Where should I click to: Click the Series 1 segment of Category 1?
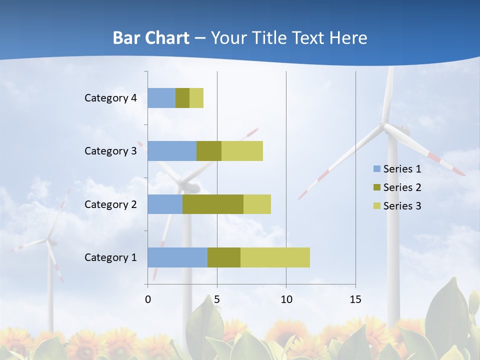click(177, 257)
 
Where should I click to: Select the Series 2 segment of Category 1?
click(224, 257)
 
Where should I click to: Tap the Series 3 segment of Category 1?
click(275, 257)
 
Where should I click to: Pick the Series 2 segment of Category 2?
click(213, 204)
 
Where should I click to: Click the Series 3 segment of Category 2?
click(257, 204)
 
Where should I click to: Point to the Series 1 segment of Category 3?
click(172, 151)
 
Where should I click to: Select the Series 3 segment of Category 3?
click(242, 151)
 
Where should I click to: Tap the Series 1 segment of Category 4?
click(161, 98)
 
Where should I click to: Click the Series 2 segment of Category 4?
click(182, 98)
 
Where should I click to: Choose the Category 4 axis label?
click(110, 98)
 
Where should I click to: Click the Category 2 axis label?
click(110, 204)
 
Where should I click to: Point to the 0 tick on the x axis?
click(148, 299)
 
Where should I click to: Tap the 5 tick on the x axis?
click(217, 299)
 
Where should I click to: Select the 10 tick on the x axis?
click(286, 299)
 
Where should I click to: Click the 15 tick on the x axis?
click(355, 299)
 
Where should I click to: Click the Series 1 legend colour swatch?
click(376, 169)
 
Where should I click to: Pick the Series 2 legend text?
click(402, 187)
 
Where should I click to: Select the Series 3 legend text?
click(402, 206)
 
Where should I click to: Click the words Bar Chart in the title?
click(151, 38)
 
